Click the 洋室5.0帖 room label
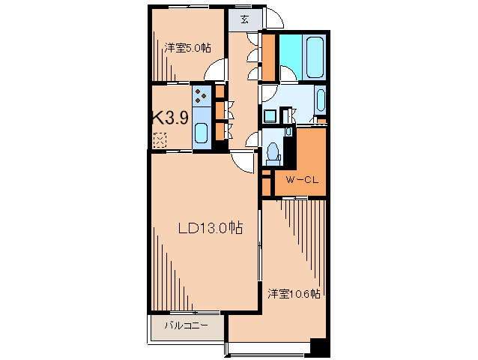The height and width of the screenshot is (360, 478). coord(187,48)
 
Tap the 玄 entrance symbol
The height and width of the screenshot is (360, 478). coord(246,20)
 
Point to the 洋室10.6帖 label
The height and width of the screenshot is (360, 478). coord(294,293)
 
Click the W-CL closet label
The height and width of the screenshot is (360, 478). coord(303,181)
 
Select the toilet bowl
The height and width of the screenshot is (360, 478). coord(273,154)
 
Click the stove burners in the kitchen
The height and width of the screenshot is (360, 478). coord(202,96)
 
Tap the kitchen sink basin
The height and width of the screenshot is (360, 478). coord(201,133)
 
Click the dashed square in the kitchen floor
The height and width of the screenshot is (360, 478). coord(160,138)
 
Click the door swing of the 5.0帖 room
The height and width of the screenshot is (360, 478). coord(216,73)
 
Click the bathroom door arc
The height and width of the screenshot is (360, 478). coord(288,74)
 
